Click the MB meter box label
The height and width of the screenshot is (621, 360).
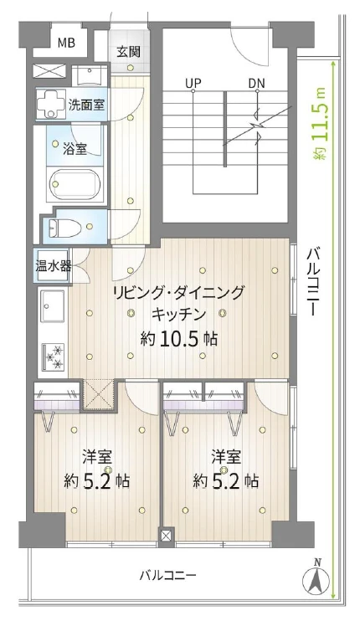point(65,42)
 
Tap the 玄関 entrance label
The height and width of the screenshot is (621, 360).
point(128,51)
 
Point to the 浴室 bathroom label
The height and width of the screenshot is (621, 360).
point(75,148)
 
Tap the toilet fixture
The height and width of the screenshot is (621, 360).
point(69,227)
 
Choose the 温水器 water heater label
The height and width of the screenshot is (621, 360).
point(53,268)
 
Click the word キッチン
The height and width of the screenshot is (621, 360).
point(179,316)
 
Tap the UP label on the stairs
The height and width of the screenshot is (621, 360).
point(193,83)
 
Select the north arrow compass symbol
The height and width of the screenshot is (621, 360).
point(316,577)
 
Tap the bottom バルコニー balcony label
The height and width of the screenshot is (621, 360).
point(167,577)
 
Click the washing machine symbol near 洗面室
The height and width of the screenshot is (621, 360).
point(54,105)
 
